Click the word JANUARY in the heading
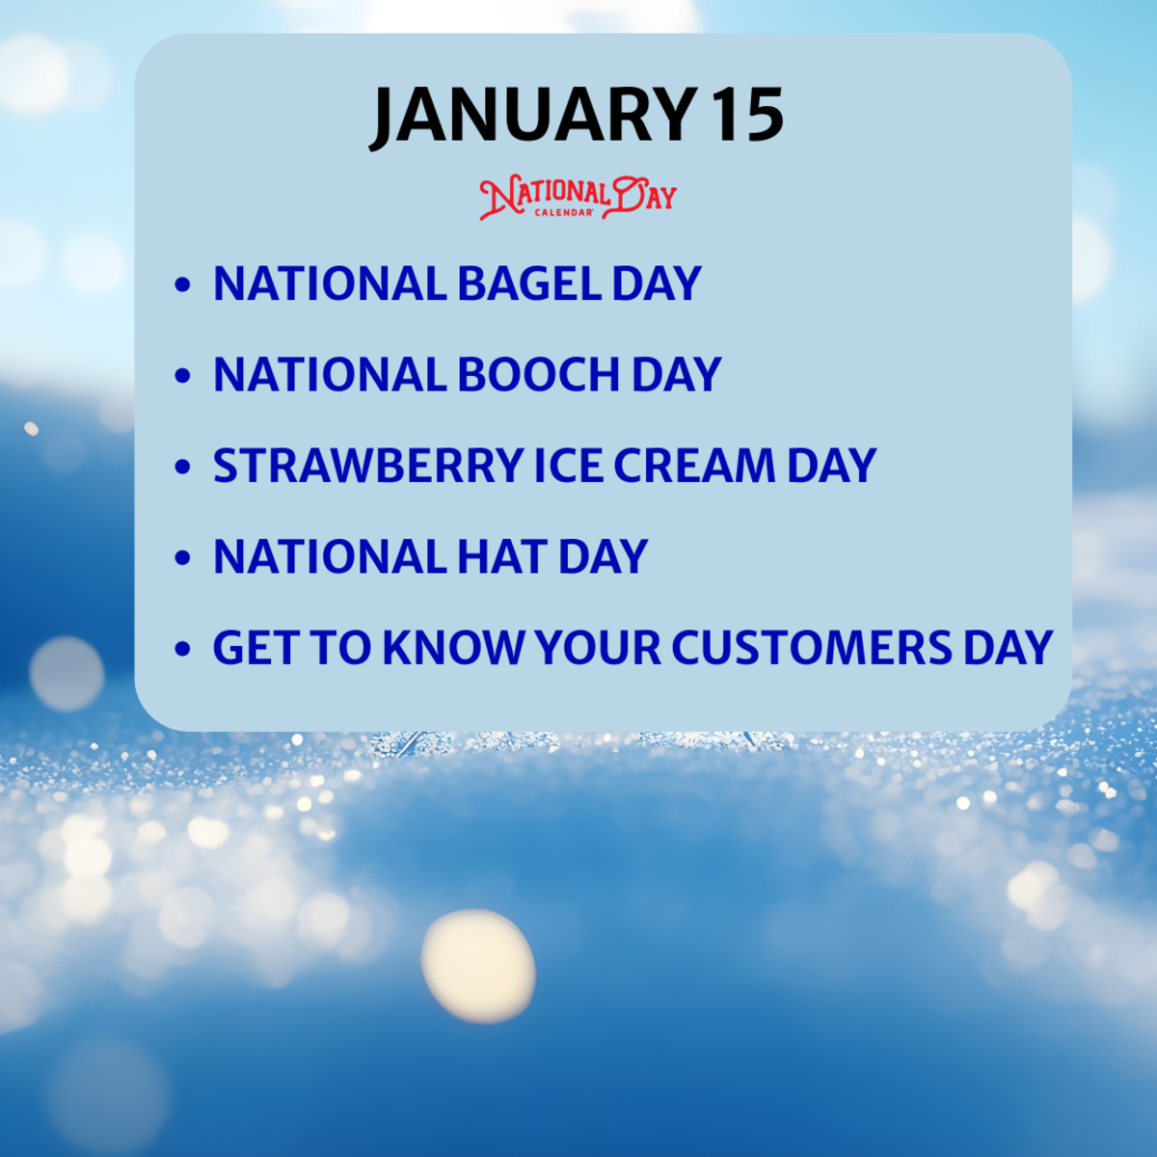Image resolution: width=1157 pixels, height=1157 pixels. click(x=533, y=117)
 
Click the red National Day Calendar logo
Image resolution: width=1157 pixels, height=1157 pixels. click(x=578, y=197)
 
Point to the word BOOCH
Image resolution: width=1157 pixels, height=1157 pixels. click(x=537, y=375)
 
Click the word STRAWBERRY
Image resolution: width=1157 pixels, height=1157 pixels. click(x=367, y=466)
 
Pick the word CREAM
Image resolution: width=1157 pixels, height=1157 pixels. click(x=694, y=466)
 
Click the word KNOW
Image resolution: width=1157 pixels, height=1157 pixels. click(x=453, y=648)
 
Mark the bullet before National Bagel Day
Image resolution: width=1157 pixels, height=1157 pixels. click(x=183, y=285)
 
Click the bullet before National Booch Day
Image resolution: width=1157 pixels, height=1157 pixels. click(x=183, y=377)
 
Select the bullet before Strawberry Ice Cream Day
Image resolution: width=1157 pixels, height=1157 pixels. click(x=183, y=468)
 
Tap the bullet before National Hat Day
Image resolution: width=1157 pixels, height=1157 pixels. click(x=183, y=559)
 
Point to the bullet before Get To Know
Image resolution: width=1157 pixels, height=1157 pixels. click(x=183, y=650)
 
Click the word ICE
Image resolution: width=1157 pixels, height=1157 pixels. click(x=568, y=466)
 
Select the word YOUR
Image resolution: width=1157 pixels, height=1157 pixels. click(x=598, y=648)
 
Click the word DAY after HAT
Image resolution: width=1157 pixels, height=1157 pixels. click(x=603, y=557)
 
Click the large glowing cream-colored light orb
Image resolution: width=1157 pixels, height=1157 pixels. click(x=478, y=965)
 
